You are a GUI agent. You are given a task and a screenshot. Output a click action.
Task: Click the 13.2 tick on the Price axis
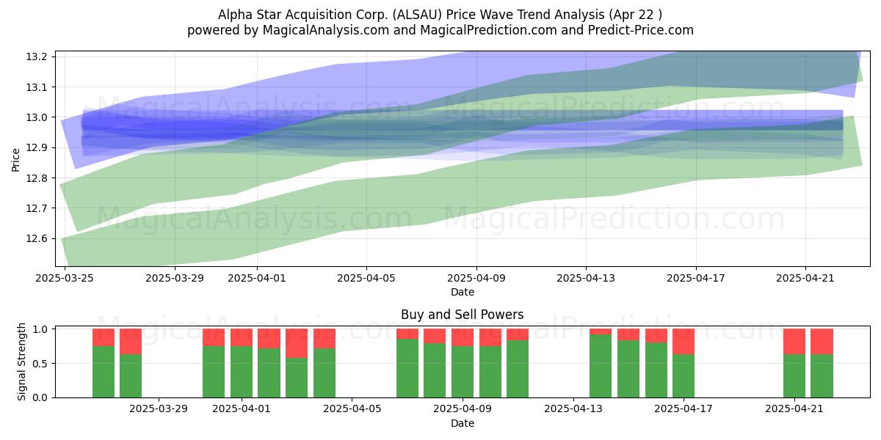click(36, 57)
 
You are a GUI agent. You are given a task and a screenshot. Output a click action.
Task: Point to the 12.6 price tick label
click(36, 239)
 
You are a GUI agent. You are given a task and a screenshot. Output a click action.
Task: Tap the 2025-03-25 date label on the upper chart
click(65, 278)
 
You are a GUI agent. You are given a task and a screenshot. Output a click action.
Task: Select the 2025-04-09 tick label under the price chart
click(476, 278)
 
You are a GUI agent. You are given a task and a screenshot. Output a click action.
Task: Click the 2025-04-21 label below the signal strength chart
click(794, 409)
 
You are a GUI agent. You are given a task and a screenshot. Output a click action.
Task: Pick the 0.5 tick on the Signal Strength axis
click(40, 364)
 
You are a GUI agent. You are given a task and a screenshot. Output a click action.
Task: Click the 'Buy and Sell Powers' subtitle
click(462, 315)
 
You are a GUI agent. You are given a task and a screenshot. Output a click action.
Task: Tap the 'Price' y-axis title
click(15, 160)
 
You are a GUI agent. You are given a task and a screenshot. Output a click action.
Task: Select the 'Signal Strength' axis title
click(21, 362)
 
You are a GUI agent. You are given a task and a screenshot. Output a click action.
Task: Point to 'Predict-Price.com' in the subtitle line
click(641, 30)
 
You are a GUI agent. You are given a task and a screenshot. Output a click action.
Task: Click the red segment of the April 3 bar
click(297, 343)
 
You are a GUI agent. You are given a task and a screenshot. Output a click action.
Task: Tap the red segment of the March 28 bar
click(131, 342)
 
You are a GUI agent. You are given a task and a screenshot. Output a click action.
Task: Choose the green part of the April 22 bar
click(822, 376)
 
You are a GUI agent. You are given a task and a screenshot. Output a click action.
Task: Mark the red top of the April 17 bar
click(684, 342)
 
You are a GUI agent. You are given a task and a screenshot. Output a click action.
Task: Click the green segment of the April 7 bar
click(407, 368)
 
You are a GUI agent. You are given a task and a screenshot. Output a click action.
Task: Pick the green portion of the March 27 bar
click(104, 372)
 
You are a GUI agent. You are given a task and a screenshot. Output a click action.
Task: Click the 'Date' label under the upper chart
click(462, 292)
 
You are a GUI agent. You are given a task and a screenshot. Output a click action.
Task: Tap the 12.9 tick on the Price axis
click(36, 147)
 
